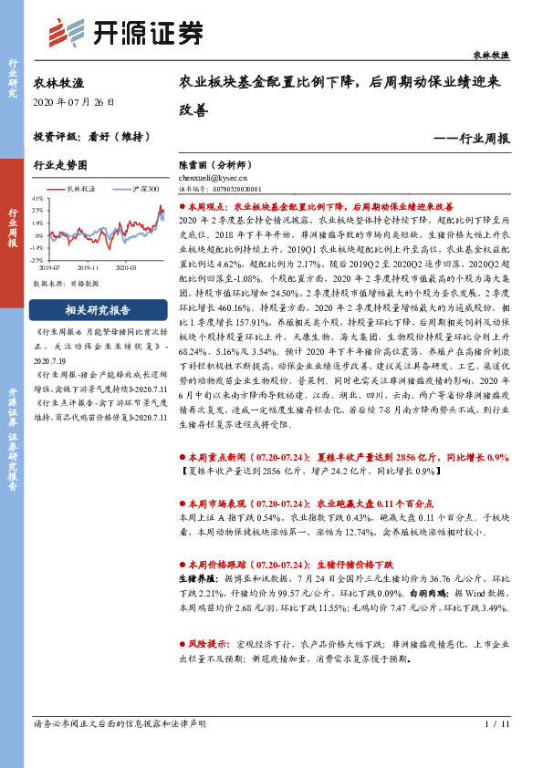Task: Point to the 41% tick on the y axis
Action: click(x=37, y=197)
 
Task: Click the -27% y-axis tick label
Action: click(x=37, y=259)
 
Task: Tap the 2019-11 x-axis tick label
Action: click(x=89, y=267)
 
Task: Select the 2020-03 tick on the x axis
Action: click(x=126, y=267)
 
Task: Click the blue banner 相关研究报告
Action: click(x=90, y=310)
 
